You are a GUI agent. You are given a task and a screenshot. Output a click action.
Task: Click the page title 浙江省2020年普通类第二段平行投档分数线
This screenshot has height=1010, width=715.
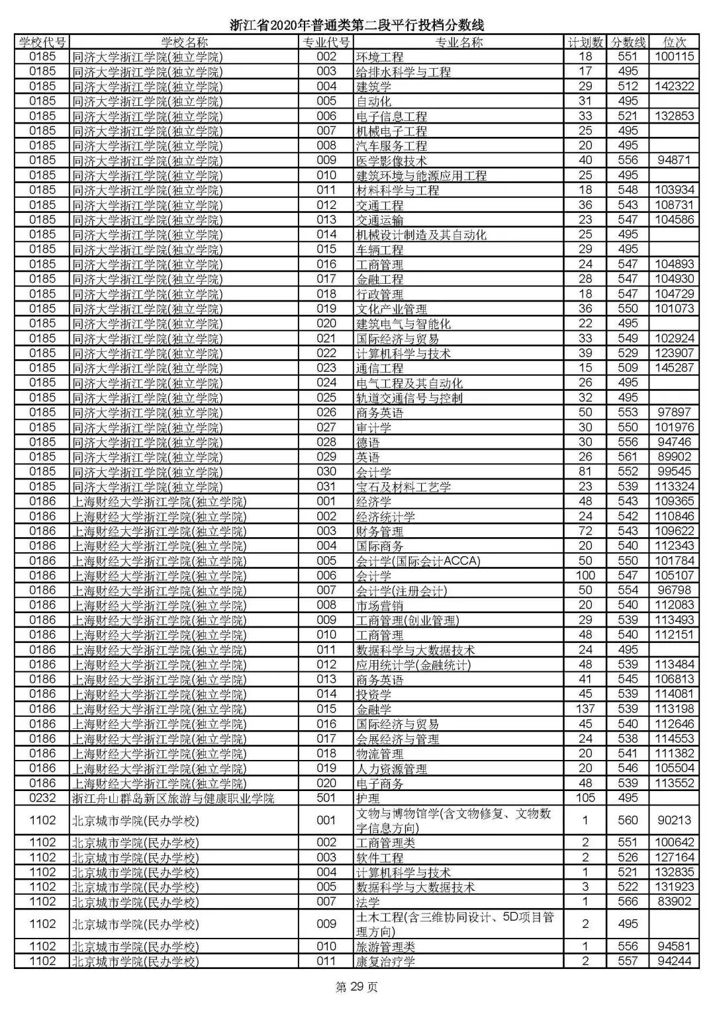(x=357, y=25)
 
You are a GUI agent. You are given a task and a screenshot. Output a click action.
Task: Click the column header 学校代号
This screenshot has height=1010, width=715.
(x=42, y=42)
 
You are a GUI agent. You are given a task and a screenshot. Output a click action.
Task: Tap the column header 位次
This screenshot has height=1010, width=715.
(x=674, y=42)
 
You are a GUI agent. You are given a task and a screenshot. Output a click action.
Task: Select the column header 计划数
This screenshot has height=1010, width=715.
(x=585, y=42)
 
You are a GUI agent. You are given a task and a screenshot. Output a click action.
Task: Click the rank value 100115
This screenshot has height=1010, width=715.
(x=674, y=57)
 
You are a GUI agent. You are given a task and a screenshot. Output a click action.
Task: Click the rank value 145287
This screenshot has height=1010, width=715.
(x=674, y=368)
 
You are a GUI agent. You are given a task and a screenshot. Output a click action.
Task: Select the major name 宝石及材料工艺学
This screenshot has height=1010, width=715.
(x=403, y=487)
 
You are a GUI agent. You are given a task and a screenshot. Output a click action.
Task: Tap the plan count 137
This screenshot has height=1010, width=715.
(x=585, y=709)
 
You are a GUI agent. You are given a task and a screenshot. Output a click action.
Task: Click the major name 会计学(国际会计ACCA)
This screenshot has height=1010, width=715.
(x=418, y=561)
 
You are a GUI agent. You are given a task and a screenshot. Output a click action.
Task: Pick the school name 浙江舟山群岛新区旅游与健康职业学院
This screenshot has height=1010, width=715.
(x=172, y=798)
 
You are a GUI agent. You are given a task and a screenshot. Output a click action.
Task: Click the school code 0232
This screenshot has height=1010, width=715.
(x=42, y=798)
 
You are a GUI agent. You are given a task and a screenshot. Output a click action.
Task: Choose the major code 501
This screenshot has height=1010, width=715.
(x=326, y=798)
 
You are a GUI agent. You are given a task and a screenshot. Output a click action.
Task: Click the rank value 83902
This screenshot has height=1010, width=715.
(x=674, y=902)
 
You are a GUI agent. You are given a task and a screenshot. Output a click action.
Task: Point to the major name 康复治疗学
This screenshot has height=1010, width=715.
(x=385, y=962)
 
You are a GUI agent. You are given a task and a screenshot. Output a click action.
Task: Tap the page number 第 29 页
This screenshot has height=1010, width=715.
(x=357, y=988)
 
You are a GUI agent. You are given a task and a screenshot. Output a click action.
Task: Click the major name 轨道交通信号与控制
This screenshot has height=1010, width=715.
(x=409, y=398)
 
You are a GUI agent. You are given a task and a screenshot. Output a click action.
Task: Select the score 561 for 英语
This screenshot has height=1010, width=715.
(x=627, y=457)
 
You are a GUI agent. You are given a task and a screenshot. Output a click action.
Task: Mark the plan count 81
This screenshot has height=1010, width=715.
(x=585, y=472)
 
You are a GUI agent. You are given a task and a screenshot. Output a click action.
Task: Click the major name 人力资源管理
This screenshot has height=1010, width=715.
(x=391, y=769)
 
